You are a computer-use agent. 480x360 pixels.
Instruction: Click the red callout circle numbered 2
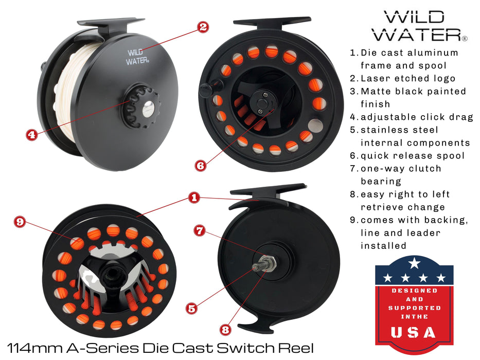pyautogui.click(x=203, y=27)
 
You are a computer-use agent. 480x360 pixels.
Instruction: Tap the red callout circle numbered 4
pyautogui.click(x=32, y=134)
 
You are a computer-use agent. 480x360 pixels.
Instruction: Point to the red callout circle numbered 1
pyautogui.click(x=193, y=197)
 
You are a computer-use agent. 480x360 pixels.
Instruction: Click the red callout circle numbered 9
pyautogui.click(x=20, y=222)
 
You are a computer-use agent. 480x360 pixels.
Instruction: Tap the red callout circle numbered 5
pyautogui.click(x=192, y=308)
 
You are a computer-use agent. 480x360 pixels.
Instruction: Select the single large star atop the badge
pyautogui.click(x=414, y=264)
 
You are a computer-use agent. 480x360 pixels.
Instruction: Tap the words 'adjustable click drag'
pyautogui.click(x=417, y=117)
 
